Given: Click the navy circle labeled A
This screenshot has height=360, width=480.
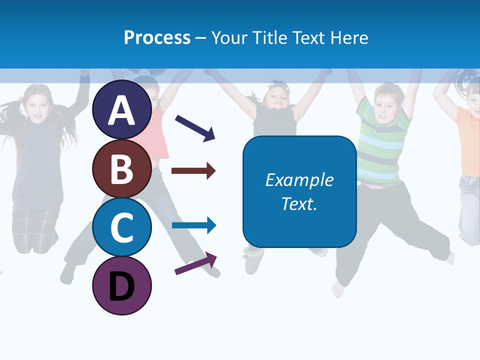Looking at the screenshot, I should pyautogui.click(x=122, y=110).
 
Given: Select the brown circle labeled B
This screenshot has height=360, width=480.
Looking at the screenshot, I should pyautogui.click(x=122, y=169).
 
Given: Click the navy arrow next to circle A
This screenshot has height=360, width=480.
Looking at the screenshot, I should pyautogui.click(x=195, y=128).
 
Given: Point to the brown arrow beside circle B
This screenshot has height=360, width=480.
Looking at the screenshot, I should pyautogui.click(x=193, y=171).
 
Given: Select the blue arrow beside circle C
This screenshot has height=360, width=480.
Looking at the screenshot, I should pyautogui.click(x=194, y=225).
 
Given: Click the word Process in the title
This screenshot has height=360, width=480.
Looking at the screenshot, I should pyautogui.click(x=157, y=37).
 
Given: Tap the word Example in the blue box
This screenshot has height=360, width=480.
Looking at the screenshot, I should pyautogui.click(x=299, y=180).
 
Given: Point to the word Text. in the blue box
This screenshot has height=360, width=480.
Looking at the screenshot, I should pyautogui.click(x=299, y=203).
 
